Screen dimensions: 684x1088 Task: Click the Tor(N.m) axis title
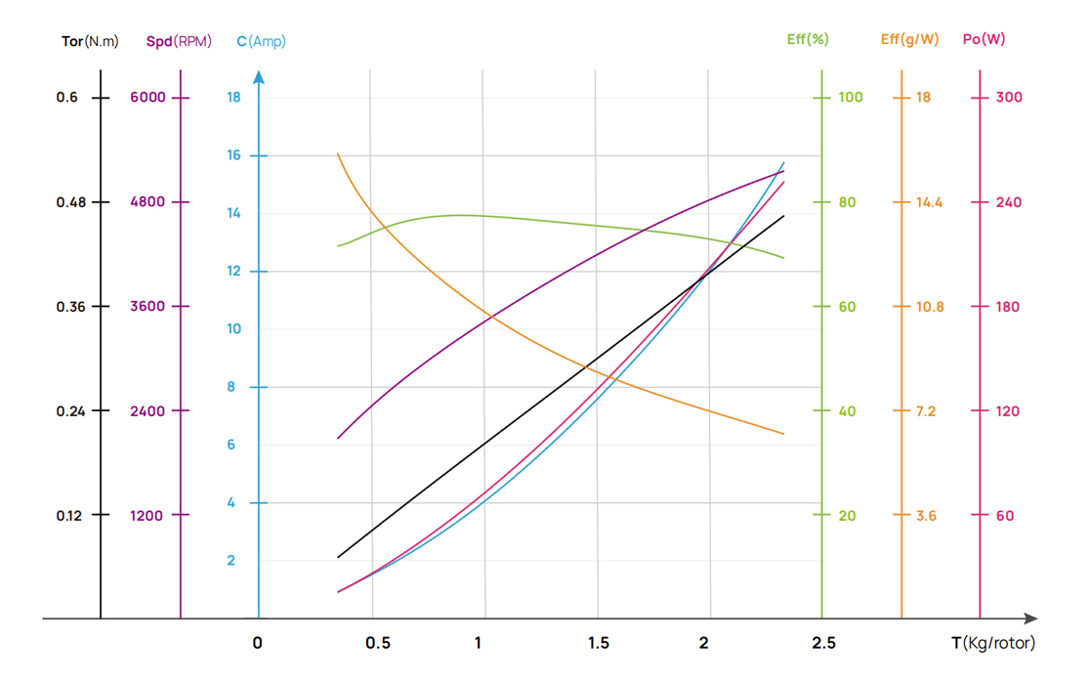89,41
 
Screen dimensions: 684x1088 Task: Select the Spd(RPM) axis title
179,41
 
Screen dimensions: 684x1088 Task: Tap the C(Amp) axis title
261,41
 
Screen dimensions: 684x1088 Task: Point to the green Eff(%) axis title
808,39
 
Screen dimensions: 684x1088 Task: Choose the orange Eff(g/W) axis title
909,39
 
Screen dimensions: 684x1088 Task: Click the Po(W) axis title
983,39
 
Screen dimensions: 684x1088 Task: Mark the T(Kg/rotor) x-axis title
993,643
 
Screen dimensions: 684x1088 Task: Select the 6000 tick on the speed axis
147,98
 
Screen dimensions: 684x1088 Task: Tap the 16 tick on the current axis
233,155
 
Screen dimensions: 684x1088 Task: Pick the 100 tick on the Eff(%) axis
851,98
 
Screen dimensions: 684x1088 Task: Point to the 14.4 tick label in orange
929,202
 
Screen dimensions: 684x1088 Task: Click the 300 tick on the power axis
1008,98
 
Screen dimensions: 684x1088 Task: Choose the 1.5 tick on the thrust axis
599,643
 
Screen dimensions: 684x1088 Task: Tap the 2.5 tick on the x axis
823,643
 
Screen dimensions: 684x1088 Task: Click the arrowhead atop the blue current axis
259,76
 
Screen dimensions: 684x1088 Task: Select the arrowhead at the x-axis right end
1030,619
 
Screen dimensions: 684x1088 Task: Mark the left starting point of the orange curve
338,153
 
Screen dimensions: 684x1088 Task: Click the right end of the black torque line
783,216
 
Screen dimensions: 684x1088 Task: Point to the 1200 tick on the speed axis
146,515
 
